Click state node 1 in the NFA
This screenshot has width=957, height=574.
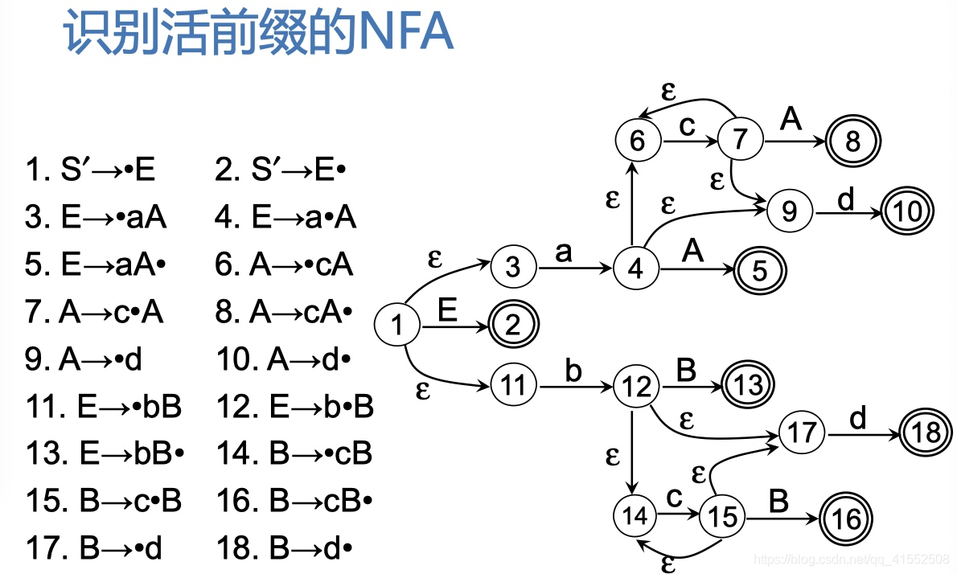coord(397,326)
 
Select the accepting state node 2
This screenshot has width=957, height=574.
coord(513,326)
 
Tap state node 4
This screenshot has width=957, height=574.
coord(636,269)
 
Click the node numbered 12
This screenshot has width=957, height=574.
coord(636,387)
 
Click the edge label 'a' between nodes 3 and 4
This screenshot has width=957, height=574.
coord(564,252)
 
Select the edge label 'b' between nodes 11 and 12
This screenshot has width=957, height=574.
coord(573,372)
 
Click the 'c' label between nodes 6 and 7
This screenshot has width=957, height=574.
coord(687,126)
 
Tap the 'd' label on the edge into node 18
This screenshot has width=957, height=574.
coord(859,419)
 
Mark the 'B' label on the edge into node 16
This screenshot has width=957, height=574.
coord(778,502)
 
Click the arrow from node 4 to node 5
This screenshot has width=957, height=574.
coord(696,269)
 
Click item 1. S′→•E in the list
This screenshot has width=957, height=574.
coord(90,170)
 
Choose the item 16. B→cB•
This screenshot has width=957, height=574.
coord(294,502)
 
